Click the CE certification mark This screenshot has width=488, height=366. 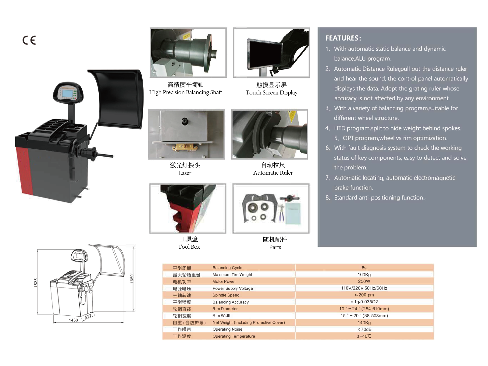pos(29,40)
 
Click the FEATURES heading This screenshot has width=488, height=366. pos(343,38)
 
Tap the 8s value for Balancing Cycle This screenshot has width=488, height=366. pos(364,268)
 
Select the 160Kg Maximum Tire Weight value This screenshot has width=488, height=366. pos(364,275)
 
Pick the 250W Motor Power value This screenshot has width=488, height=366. pos(364,281)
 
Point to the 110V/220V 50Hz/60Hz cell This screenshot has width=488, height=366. pos(364,288)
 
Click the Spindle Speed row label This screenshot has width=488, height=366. pos(226,295)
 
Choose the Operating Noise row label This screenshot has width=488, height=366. pos(227,329)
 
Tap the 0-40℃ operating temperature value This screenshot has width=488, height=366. pos(364,336)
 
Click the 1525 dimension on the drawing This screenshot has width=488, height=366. pos(36,282)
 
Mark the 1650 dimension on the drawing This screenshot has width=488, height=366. pos(132,279)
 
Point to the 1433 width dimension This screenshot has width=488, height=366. pos(73,320)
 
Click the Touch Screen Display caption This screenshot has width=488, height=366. pos(271,93)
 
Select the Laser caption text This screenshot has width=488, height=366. pos(185,173)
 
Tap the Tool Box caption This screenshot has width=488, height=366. pos(189,247)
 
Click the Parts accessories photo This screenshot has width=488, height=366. pos(271,208)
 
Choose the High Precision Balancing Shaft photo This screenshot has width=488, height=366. pos(188,52)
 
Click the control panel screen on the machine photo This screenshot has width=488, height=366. pos(68,94)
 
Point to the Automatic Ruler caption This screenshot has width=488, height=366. pos(273,173)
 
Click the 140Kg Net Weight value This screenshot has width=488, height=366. pos(364,322)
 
